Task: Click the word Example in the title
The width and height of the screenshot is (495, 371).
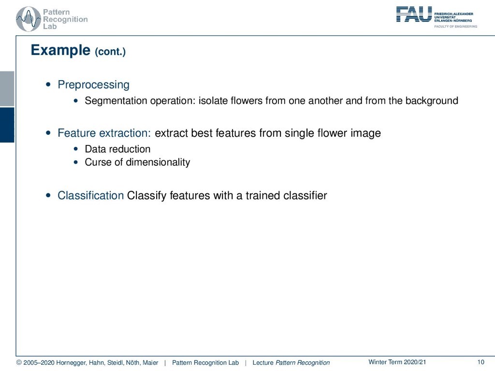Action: pos(60,50)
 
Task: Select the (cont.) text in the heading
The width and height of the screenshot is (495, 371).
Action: pos(110,51)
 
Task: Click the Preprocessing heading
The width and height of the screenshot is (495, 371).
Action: pos(93,85)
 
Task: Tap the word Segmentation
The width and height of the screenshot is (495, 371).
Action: pos(116,101)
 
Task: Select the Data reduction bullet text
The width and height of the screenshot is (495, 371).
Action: pos(117,149)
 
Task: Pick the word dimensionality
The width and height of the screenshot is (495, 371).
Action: pos(158,162)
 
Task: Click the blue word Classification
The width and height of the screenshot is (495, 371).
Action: pos(90,195)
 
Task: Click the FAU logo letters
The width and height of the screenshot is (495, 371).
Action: pos(414,14)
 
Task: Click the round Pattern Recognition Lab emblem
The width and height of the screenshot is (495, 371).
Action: pos(29,19)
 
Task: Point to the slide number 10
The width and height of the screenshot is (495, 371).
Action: pos(480,362)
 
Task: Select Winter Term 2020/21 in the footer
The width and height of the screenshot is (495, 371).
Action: pos(397,362)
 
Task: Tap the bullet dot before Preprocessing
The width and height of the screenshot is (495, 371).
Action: pos(48,84)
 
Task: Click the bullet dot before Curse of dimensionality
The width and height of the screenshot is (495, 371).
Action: pos(75,162)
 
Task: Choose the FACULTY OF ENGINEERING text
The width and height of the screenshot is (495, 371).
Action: pos(455,27)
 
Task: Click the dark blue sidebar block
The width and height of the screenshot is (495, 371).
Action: pos(7,125)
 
